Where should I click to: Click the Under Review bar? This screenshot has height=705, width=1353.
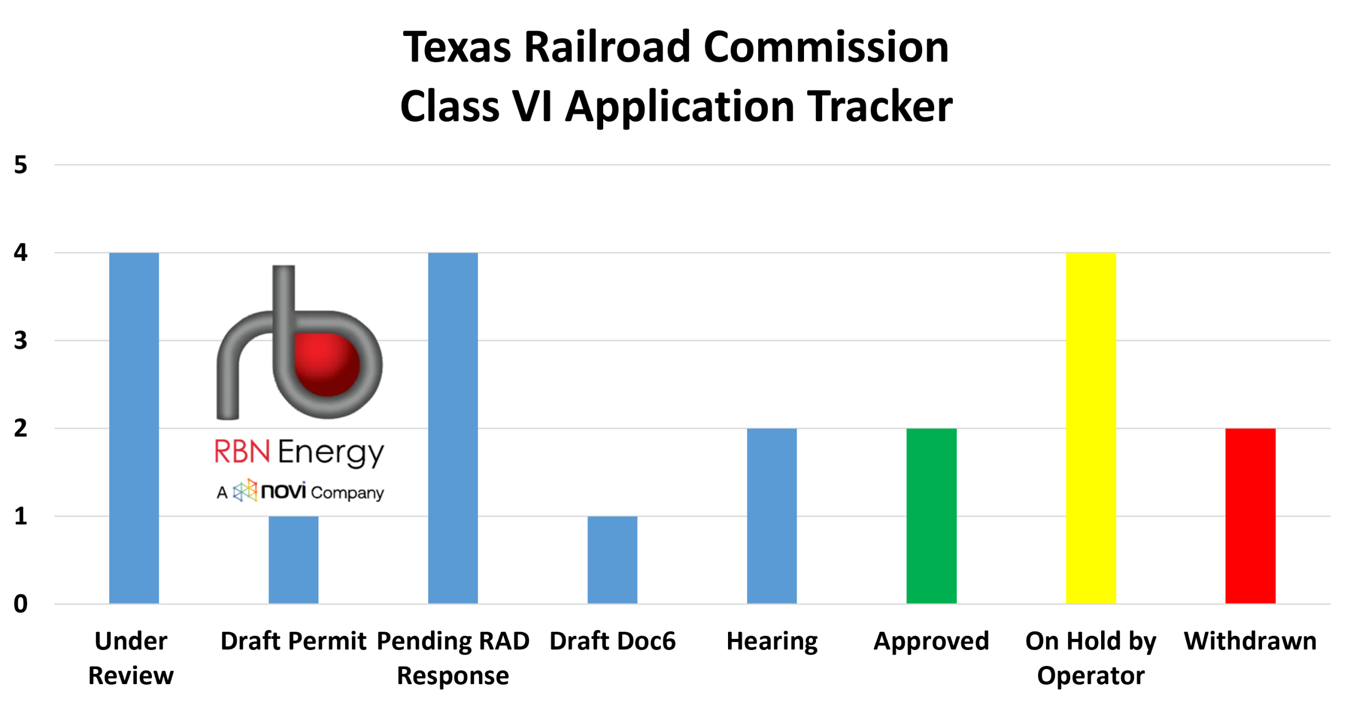(x=134, y=428)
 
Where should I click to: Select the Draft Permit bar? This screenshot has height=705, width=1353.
(x=293, y=559)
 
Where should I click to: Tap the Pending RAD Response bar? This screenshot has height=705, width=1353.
(x=453, y=428)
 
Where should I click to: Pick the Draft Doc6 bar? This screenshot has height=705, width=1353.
(x=612, y=559)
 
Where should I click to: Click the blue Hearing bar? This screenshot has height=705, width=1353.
(x=772, y=516)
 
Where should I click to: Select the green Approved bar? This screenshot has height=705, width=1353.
(x=931, y=516)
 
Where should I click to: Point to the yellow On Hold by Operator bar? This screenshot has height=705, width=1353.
(x=1091, y=428)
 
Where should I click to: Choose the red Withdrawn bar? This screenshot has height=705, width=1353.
(x=1250, y=516)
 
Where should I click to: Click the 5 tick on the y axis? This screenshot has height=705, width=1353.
(x=20, y=165)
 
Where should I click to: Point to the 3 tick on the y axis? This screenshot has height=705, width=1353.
(x=20, y=341)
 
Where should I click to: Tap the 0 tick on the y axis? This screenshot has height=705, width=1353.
(x=20, y=604)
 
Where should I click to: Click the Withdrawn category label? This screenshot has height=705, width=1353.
(x=1250, y=641)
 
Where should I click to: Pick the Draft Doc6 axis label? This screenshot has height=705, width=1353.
(x=612, y=641)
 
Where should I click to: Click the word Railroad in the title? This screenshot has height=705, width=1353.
(x=607, y=47)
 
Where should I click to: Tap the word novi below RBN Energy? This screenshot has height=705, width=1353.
(x=283, y=491)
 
